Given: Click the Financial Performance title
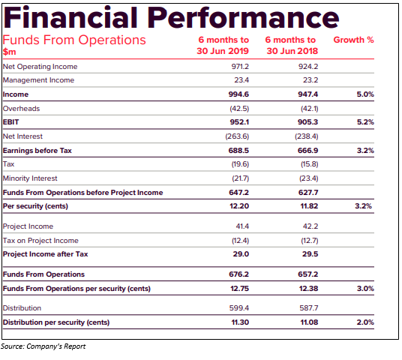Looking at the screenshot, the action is point(171,18).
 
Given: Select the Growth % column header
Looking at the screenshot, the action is point(353,40).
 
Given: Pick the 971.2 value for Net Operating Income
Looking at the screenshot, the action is point(240,67).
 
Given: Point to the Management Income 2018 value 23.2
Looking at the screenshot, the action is point(310,80).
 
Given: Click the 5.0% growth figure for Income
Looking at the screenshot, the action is point(365,94).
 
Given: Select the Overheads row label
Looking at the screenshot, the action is point(21,109).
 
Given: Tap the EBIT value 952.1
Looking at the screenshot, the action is point(239,122).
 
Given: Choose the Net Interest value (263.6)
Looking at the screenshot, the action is point(237,136).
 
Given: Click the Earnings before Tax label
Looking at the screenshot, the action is point(37,151).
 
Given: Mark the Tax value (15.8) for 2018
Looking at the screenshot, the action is point(310,164).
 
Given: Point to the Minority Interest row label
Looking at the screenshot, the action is point(30,178).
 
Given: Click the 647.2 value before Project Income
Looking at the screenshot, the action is point(239,193).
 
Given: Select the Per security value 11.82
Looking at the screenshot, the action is point(309,206).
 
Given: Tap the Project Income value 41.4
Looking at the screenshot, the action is point(242,226).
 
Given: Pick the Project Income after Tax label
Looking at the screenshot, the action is point(46,254).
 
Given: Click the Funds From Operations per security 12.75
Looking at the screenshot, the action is point(239,289).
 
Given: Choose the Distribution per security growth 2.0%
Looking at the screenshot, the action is point(365,322).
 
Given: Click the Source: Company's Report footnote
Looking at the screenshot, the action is point(43,346).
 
